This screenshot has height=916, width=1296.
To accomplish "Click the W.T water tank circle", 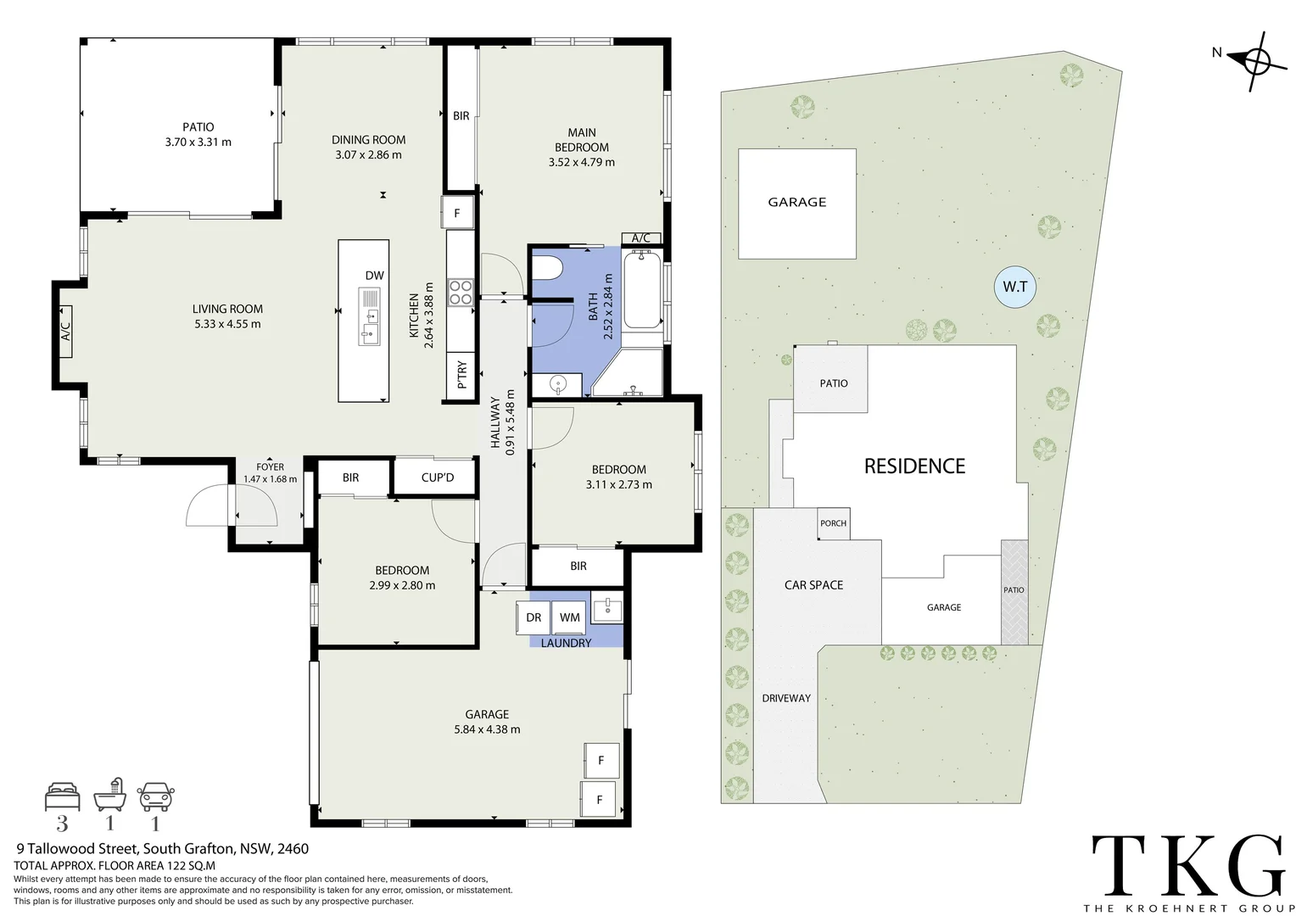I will point(1014,287).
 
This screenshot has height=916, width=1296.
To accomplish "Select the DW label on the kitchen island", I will point(374,276).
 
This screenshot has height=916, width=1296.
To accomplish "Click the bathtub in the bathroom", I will point(642,289).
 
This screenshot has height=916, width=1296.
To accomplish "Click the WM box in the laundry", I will point(570,617).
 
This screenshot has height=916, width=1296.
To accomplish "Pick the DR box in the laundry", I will point(533,617).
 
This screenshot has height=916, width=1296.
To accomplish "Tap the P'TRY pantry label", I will point(461,375).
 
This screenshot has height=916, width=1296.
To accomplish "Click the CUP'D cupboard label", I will point(437,478).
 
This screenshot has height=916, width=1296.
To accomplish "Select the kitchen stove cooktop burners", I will point(461,293).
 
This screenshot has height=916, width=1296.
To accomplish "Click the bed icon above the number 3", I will point(63,796).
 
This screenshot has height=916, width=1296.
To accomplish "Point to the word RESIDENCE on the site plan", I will point(914,466).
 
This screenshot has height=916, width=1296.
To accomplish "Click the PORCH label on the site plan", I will point(833,523).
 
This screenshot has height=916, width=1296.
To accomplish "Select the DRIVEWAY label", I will point(785,698).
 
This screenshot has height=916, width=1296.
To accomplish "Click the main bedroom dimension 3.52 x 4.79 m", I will point(581,162).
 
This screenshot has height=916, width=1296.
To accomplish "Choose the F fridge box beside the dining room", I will point(456,213).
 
